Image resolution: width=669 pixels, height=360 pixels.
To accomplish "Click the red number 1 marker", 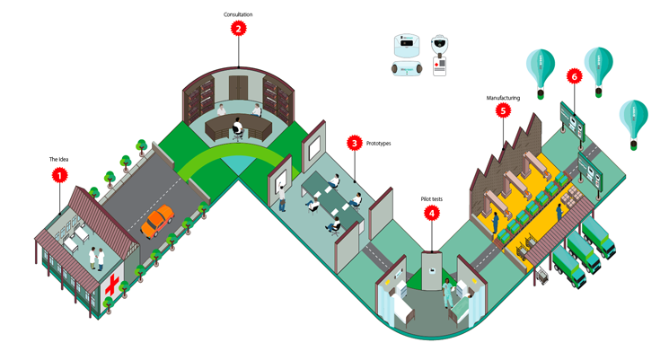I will point(59,175).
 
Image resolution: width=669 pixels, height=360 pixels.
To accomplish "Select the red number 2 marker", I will point(238,28).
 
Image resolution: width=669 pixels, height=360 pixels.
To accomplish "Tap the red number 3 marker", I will point(355,143).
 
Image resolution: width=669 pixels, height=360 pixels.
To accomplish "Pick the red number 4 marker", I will point(432,214).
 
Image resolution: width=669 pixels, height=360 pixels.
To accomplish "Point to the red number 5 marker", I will point(503,110).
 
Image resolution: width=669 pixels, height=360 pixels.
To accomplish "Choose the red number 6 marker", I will point(574,76).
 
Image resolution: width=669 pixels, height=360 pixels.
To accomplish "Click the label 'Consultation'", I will point(238,14).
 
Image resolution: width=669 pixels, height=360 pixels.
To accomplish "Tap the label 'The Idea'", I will point(59,160).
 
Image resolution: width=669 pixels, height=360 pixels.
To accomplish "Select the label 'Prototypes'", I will point(378,143).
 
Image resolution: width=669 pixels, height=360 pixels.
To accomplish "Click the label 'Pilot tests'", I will point(432,199).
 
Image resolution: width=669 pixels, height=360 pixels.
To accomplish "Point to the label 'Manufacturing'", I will point(503,97).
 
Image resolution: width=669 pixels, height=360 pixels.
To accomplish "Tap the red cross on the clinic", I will point(113,286).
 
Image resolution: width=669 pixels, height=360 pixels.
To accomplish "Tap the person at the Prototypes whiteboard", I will point(281,194).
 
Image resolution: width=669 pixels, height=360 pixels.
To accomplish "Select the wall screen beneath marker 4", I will point(433,271).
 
